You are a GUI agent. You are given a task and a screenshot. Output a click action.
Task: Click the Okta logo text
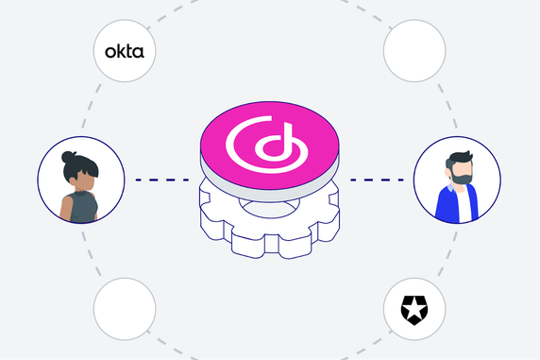tap(124, 52)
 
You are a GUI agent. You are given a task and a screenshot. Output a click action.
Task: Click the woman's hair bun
tap(67, 156)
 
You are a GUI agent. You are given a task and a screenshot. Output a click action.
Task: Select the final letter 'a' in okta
tap(139, 53)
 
